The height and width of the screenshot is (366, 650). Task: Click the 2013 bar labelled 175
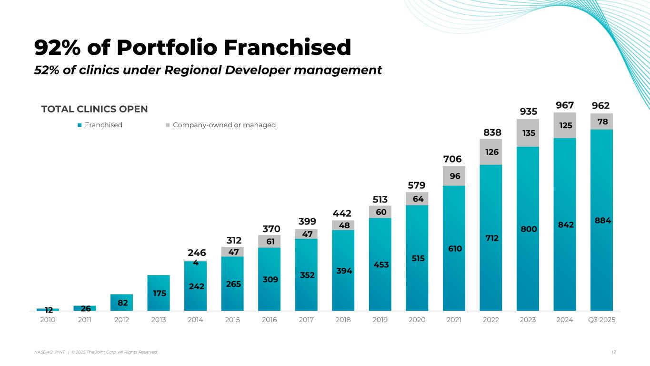pos(159,293)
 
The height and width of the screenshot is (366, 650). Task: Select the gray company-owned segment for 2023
pos(528,132)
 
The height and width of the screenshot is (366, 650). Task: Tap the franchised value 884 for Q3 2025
pos(602,221)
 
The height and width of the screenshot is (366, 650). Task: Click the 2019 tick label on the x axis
pos(380,320)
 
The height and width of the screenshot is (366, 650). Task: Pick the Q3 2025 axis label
pos(602,320)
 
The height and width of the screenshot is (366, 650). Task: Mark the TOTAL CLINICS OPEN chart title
pos(95,109)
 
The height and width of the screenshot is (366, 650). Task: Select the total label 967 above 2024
pos(565,105)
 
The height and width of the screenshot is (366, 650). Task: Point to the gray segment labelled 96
pos(454,176)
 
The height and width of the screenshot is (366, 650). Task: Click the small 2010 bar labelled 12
pos(48,310)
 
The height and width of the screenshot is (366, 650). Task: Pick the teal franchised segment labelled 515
pos(417,258)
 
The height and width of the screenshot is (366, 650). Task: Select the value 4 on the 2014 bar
pos(196,262)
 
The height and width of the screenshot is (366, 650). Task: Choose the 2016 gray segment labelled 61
pos(269,241)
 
